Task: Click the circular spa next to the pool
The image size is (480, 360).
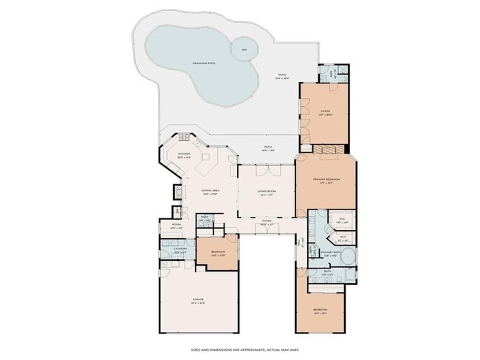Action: (x=243, y=50)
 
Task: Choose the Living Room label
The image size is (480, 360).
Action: (x=266, y=193)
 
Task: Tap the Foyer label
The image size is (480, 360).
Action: (x=266, y=223)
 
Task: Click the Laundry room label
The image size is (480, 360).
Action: (x=179, y=251)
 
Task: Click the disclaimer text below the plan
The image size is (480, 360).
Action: (x=240, y=350)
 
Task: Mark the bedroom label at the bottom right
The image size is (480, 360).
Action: (x=320, y=310)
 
